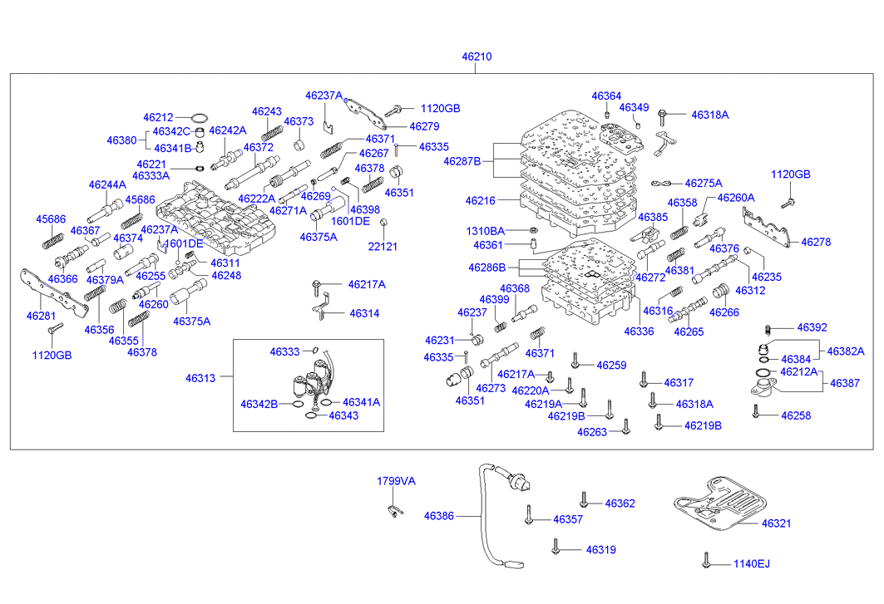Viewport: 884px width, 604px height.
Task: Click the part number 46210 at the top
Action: coord(477,56)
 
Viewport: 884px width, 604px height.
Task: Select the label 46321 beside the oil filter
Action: coord(776,523)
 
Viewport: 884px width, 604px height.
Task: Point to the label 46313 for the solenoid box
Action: coord(200,378)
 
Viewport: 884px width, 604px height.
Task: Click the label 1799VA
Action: coord(396,481)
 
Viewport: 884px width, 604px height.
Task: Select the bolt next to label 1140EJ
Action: coord(705,560)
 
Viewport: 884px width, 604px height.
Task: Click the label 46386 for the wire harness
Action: coord(438,516)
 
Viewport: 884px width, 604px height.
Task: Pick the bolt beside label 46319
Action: coord(556,547)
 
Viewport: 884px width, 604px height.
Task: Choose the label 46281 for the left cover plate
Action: coord(41,316)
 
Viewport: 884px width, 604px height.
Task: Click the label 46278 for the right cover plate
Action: coord(816,243)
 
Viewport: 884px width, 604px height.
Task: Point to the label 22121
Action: coord(383,247)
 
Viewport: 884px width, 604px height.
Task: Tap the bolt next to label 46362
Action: coord(584,499)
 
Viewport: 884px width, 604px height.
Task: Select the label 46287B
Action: coord(462,161)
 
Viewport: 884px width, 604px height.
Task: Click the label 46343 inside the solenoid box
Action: coord(343,415)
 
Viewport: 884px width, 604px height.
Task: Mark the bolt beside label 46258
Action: coord(755,411)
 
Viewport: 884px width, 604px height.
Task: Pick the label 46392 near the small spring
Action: coord(812,328)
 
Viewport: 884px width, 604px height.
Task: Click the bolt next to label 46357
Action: coord(529,514)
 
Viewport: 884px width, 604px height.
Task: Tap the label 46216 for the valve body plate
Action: coord(481,200)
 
